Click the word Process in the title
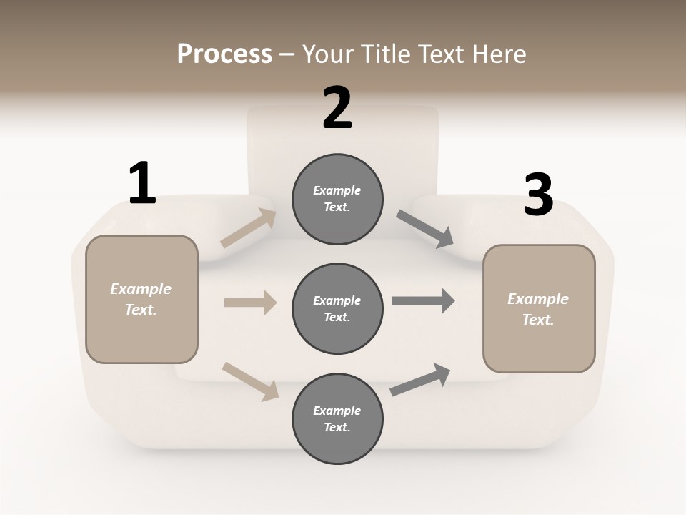pyautogui.click(x=224, y=54)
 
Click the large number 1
pyautogui.click(x=142, y=184)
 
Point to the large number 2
pyautogui.click(x=337, y=108)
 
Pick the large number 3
pyautogui.click(x=538, y=195)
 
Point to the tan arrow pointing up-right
pyautogui.click(x=249, y=228)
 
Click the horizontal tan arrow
pyautogui.click(x=250, y=303)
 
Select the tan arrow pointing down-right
pyautogui.click(x=251, y=381)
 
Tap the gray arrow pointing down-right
pyautogui.click(x=425, y=229)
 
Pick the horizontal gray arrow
pyautogui.click(x=423, y=301)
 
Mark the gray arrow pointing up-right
pyautogui.click(x=420, y=379)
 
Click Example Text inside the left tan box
pyautogui.click(x=141, y=299)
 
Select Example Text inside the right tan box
pyautogui.click(x=538, y=309)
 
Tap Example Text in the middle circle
pyautogui.click(x=337, y=309)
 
